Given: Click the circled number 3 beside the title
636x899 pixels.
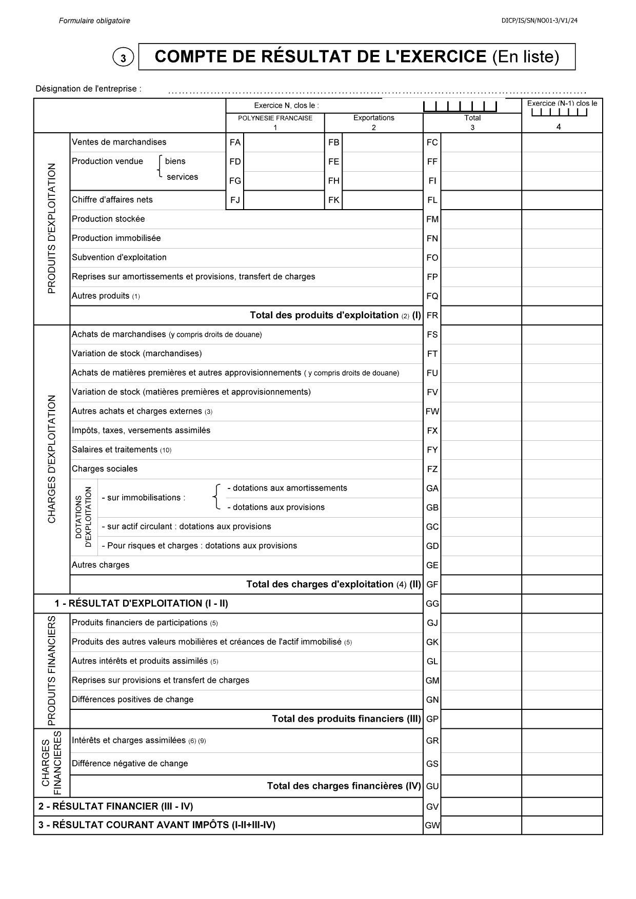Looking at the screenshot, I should (x=123, y=58).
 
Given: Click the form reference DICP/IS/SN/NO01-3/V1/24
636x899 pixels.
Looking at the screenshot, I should (x=541, y=21).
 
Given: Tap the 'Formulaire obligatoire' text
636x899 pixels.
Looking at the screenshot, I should (x=94, y=21).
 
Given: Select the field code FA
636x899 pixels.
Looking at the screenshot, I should (x=235, y=142).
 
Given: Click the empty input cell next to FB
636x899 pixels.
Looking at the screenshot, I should (x=382, y=142).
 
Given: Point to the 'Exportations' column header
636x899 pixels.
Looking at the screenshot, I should (x=373, y=118).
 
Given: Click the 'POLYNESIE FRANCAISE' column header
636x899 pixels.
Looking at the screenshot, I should (x=275, y=118).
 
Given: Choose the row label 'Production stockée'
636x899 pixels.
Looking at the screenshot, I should (x=108, y=219).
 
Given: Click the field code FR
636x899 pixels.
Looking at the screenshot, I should (x=432, y=316).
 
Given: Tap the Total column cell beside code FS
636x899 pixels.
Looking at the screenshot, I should (x=481, y=335).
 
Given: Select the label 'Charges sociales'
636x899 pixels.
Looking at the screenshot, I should (x=105, y=469).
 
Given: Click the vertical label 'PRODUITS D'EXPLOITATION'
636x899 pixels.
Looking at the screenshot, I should (x=51, y=228).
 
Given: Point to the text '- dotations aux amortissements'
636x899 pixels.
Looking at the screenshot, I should (x=287, y=488).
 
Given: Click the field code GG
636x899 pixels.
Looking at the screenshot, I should (x=432, y=604).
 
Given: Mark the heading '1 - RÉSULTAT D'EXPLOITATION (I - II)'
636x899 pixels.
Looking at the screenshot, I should (x=142, y=603).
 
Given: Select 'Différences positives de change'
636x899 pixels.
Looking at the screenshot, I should (x=132, y=700).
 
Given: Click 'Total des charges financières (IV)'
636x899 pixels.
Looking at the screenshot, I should (x=344, y=786).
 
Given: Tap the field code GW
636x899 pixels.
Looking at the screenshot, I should (x=432, y=826).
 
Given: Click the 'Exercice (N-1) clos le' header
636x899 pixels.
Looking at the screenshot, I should (x=562, y=104).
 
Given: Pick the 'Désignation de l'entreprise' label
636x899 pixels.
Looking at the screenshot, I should (x=88, y=89).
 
